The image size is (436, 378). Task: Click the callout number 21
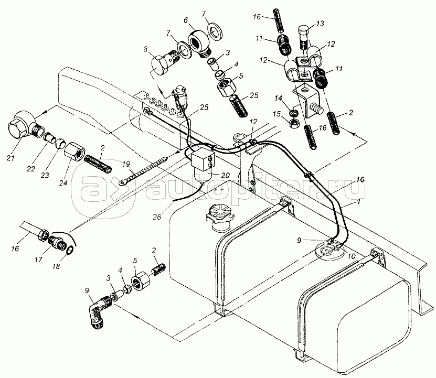tap(11, 158)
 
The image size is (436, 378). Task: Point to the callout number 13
tap(320, 24)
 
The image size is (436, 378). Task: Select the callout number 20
tap(225, 175)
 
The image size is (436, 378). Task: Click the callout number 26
tap(157, 217)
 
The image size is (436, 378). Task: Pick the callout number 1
tap(359, 201)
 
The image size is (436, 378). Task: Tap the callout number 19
tap(126, 164)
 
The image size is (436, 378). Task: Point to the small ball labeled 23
tap(60, 144)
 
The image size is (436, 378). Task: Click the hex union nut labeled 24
tap(75, 154)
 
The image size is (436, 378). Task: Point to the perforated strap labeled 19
tap(143, 170)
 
